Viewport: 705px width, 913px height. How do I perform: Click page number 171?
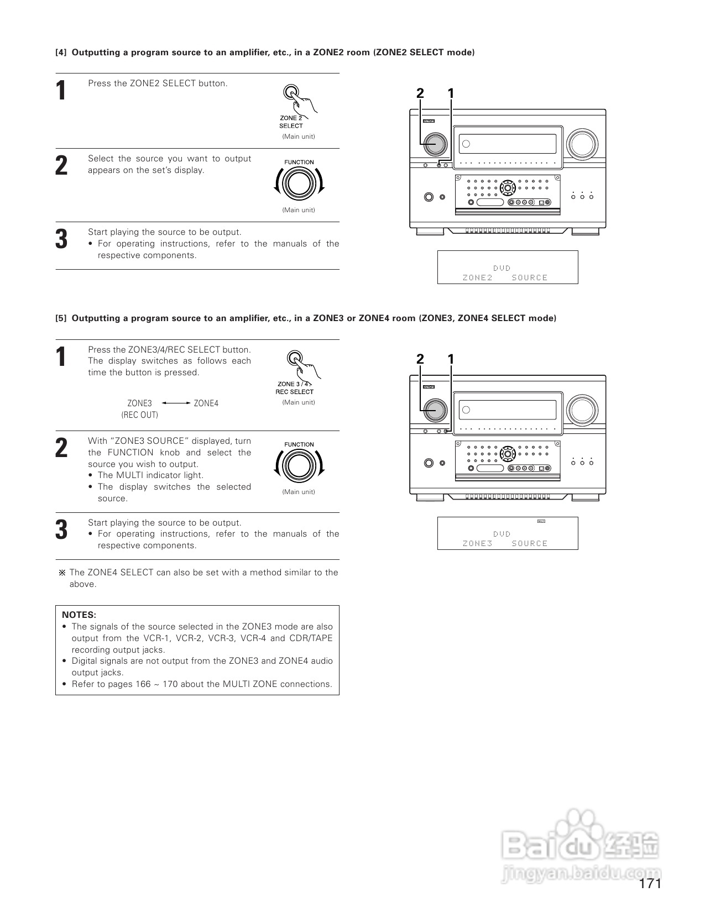[x=650, y=884]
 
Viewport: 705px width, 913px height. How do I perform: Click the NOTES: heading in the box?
[x=79, y=615]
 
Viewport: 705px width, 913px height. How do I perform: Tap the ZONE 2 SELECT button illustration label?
[x=291, y=122]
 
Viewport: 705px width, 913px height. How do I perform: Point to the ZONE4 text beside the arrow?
[x=206, y=403]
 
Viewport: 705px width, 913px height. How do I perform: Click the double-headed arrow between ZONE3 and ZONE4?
[x=176, y=403]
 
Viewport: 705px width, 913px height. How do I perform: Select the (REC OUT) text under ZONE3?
[x=139, y=415]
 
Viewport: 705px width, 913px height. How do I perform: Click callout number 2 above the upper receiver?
[x=420, y=93]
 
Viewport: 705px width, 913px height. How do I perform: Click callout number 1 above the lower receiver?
[x=451, y=359]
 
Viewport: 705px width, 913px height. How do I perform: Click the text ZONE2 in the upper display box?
[x=477, y=277]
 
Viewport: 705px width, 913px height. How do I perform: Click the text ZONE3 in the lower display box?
[x=477, y=543]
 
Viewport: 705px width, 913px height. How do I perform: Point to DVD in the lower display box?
[x=502, y=534]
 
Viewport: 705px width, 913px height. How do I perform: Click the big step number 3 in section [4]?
[x=62, y=239]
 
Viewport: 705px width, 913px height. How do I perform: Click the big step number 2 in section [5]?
[x=62, y=448]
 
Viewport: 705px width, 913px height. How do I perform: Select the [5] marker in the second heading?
[x=61, y=318]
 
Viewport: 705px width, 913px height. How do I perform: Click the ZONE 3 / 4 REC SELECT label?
[x=294, y=387]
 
